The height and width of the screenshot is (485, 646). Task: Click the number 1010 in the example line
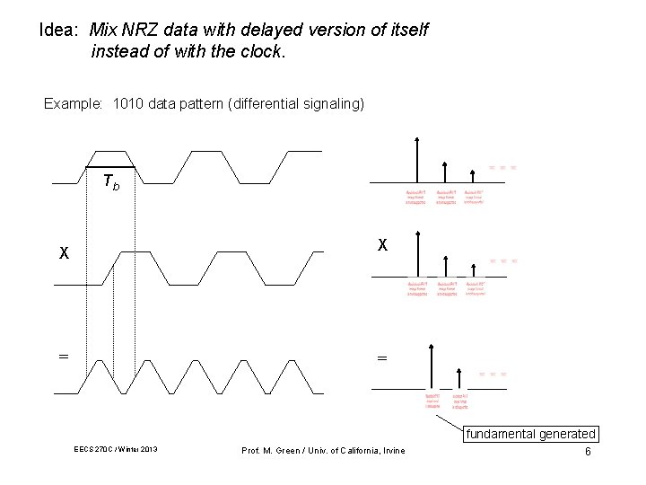(x=127, y=104)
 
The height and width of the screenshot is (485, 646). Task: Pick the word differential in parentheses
(x=270, y=104)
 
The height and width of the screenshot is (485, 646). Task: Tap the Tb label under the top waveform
(x=110, y=182)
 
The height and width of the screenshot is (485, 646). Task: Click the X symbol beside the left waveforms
(x=64, y=253)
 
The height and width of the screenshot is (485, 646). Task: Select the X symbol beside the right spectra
(x=382, y=244)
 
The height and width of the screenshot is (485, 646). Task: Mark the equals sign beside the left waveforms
(x=63, y=357)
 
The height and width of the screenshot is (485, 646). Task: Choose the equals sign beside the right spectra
(x=382, y=358)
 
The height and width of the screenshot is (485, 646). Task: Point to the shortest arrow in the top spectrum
(x=473, y=175)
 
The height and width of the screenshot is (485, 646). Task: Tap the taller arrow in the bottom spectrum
(x=432, y=366)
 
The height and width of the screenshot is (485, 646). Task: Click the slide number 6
(x=588, y=451)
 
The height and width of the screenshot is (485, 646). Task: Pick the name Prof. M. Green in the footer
(x=269, y=450)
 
